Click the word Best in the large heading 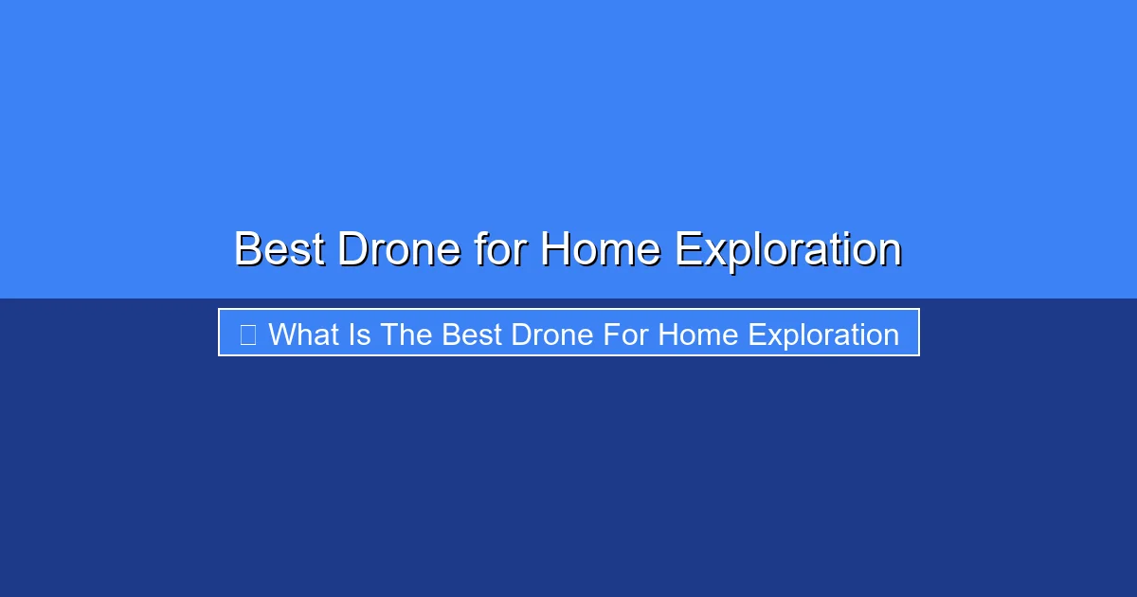coord(280,248)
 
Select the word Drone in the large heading coord(400,248)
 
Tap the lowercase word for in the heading coord(500,248)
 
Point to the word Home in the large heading coord(601,248)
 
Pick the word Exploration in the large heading coord(788,251)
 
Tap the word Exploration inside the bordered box coord(823,336)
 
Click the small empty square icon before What coord(247,335)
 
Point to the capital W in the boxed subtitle coord(285,335)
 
